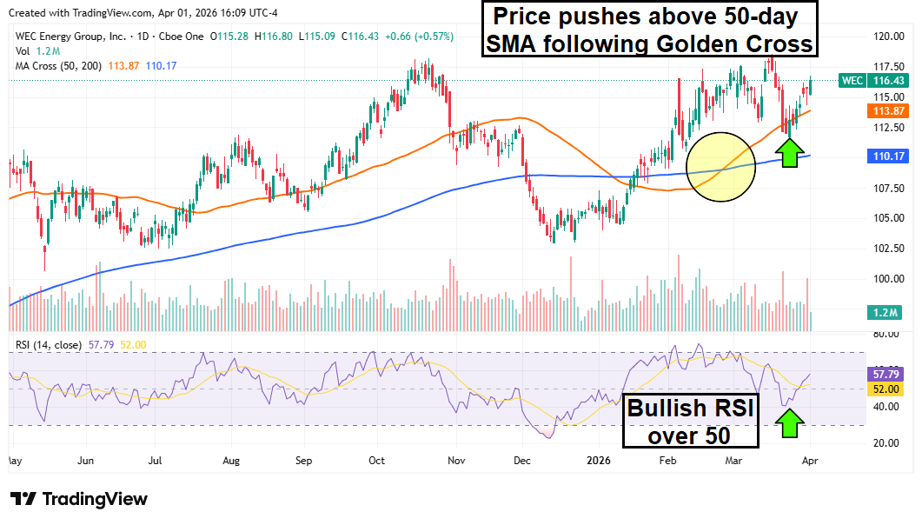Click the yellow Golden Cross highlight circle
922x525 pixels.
(720, 166)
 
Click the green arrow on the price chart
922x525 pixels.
(789, 152)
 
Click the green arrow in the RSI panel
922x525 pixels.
(789, 422)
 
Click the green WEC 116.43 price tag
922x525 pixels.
(873, 80)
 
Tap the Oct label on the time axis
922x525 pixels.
(376, 459)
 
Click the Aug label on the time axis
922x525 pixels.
(231, 459)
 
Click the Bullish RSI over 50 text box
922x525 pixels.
(691, 421)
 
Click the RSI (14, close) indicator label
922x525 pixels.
(49, 345)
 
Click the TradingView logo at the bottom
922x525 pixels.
(78, 499)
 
